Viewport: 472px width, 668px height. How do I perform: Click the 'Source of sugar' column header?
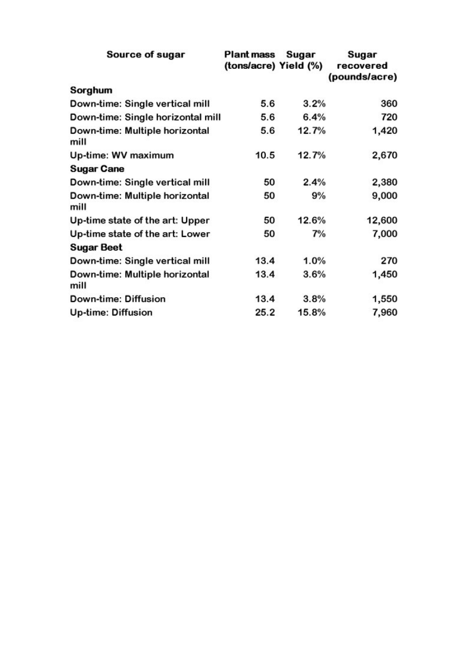146,54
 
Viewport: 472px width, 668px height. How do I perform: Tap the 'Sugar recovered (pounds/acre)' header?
363,66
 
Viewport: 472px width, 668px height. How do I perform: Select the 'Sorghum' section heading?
91,90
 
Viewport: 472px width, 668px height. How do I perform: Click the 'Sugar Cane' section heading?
97,169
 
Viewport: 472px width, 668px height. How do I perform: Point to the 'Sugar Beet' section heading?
96,248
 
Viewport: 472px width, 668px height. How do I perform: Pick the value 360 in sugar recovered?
388,104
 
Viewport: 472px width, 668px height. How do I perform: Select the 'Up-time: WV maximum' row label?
122,155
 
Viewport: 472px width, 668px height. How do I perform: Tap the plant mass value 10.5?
265,155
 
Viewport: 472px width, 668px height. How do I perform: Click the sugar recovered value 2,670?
384,155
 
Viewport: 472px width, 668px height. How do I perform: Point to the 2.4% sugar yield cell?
314,182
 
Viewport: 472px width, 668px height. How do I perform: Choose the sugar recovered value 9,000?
384,196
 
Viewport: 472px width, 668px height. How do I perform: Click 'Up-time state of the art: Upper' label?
140,221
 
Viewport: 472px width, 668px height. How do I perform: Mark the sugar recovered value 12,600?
382,221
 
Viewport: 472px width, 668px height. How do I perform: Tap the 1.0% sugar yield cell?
314,261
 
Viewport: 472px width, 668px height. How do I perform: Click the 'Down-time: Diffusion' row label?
118,299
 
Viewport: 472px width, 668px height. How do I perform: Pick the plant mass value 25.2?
265,312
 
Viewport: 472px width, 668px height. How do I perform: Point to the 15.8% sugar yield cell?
312,312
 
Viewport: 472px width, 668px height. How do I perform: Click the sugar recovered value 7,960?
384,312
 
